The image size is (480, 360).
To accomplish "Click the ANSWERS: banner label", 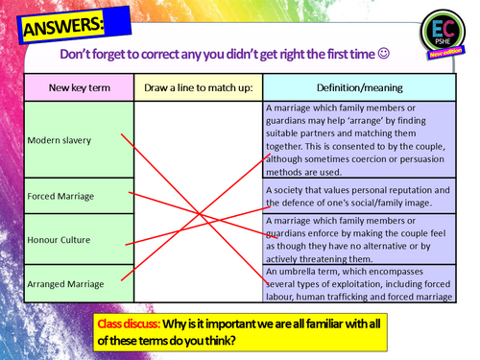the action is pyautogui.click(x=63, y=27).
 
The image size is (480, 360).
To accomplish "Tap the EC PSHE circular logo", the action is pyautogui.click(x=443, y=32).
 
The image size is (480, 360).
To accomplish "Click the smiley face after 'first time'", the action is pyautogui.click(x=384, y=54).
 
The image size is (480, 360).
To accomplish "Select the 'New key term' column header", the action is pyautogui.click(x=80, y=87).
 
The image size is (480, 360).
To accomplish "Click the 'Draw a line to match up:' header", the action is pyautogui.click(x=199, y=87).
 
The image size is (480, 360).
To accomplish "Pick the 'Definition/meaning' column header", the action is pyautogui.click(x=360, y=87).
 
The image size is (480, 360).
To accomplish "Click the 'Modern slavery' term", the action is pyautogui.click(x=60, y=140).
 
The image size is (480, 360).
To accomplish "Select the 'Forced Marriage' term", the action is pyautogui.click(x=60, y=196).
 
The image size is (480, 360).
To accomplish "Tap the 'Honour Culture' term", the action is pyautogui.click(x=59, y=240).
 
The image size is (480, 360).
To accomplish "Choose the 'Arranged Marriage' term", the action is pyautogui.click(x=65, y=284).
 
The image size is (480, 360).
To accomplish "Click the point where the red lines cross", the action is pyautogui.click(x=199, y=213).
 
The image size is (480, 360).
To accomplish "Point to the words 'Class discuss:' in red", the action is pyautogui.click(x=129, y=324).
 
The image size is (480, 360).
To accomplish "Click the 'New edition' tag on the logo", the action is pyautogui.click(x=445, y=52).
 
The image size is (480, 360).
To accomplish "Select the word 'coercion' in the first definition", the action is pyautogui.click(x=369, y=159).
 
